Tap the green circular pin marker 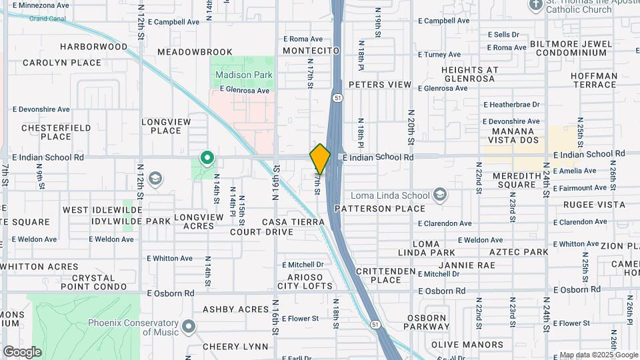click(207, 158)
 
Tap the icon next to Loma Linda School click(439, 195)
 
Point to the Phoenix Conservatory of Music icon click(189, 327)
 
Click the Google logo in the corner click(22, 351)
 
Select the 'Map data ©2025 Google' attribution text click(598, 355)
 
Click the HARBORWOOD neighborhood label click(93, 47)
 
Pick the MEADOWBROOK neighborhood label click(195, 52)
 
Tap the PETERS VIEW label click(380, 85)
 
